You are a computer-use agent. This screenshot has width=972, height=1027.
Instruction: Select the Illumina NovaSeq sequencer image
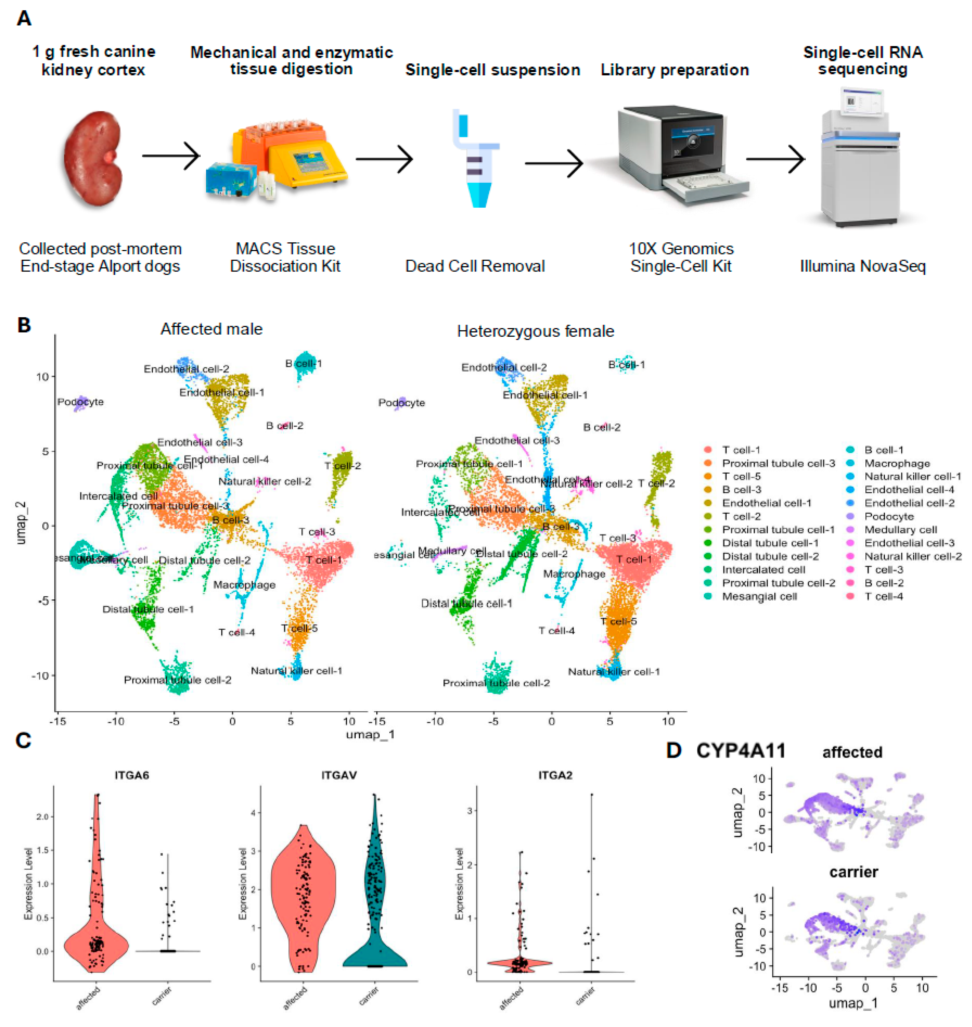[860, 158]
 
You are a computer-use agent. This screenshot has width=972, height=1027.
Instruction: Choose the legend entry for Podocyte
[889, 516]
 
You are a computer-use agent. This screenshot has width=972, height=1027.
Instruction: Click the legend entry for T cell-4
[883, 596]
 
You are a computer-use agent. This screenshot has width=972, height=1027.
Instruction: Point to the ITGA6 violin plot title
[132, 776]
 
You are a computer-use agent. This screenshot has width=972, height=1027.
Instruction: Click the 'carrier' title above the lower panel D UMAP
[853, 872]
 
